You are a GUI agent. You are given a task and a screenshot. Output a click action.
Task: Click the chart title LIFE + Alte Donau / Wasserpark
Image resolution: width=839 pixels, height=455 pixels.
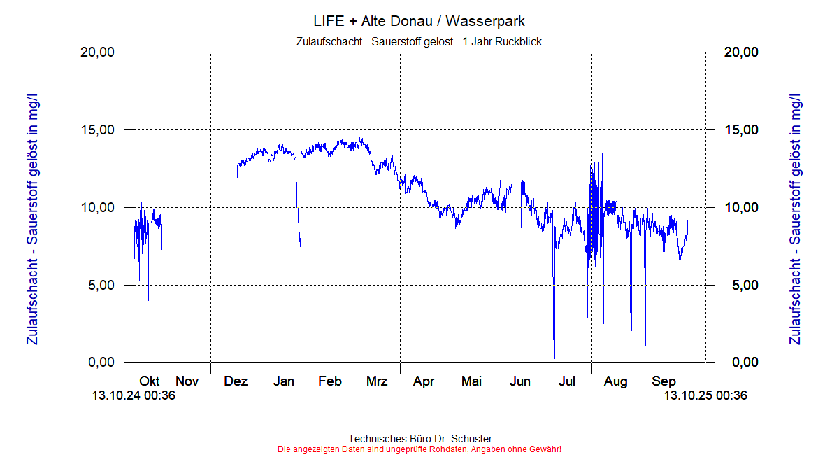[419, 21]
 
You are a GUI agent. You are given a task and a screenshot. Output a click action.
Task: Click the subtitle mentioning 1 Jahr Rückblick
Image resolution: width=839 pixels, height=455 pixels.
[419, 41]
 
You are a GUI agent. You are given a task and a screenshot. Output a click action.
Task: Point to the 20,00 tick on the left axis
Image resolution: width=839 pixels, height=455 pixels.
[99, 52]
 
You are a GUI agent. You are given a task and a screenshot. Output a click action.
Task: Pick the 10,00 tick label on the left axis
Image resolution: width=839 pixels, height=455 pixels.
[99, 208]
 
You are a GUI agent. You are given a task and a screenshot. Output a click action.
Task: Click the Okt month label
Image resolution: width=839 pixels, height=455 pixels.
[149, 381]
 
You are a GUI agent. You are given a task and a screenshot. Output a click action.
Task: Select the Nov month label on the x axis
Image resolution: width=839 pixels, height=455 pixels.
[187, 381]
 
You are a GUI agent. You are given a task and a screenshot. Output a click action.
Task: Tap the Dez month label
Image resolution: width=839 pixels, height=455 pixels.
[236, 381]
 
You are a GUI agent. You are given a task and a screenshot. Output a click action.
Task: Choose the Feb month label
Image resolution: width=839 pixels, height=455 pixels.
[329, 381]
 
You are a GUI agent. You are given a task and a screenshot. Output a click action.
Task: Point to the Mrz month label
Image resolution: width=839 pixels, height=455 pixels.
[377, 381]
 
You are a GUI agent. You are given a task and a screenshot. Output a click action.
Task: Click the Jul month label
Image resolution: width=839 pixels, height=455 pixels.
[567, 381]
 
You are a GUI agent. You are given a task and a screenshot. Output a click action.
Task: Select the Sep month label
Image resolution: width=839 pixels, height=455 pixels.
[664, 381]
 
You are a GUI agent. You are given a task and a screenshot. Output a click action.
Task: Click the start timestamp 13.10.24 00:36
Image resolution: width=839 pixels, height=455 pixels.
[134, 396]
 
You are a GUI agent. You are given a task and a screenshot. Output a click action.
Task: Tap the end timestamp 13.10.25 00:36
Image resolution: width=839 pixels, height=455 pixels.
[705, 396]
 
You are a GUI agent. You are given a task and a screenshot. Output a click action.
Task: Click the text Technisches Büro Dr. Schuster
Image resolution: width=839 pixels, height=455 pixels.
[419, 439]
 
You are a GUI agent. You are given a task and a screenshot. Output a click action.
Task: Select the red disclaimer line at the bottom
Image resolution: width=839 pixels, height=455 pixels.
[419, 449]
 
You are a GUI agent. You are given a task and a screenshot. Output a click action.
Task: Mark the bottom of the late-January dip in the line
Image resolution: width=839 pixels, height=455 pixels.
[301, 246]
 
